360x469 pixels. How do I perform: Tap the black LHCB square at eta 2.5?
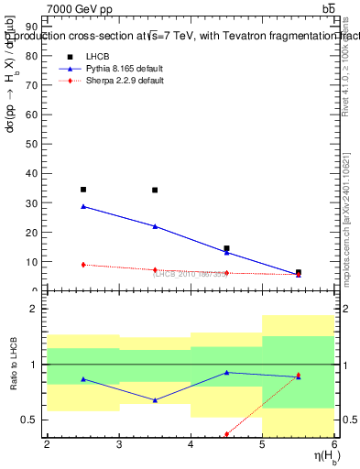pyautogui.click(x=83, y=190)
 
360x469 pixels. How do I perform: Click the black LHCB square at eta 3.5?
pyautogui.click(x=155, y=191)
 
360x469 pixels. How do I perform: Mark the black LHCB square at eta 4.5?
pyautogui.click(x=226, y=248)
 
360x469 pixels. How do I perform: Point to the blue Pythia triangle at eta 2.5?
pyautogui.click(x=83, y=206)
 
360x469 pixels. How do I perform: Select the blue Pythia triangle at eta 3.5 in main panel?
pyautogui.click(x=155, y=226)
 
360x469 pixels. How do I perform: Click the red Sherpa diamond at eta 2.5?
pyautogui.click(x=83, y=265)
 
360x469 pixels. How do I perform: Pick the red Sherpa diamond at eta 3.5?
pyautogui.click(x=155, y=270)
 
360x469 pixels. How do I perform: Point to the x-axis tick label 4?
pyautogui.click(x=191, y=445)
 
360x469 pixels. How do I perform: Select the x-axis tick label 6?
pyautogui.click(x=334, y=445)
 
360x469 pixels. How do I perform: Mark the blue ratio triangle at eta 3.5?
pyautogui.click(x=155, y=400)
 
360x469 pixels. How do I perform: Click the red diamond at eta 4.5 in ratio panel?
pyautogui.click(x=226, y=434)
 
